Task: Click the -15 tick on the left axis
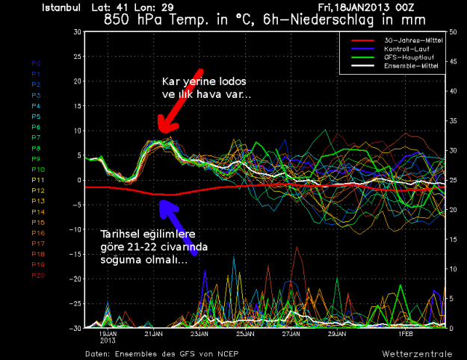click(x=75, y=254)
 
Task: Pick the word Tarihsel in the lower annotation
click(x=120, y=234)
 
